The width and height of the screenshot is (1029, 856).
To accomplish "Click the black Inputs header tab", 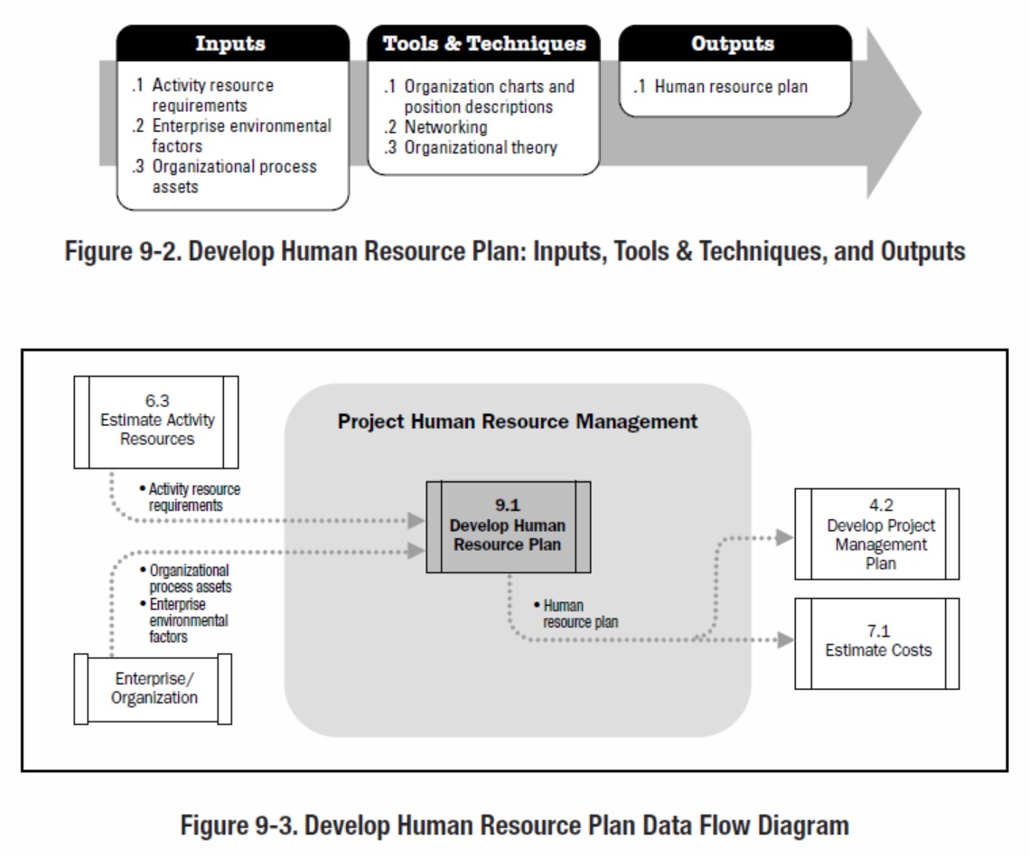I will tap(231, 43).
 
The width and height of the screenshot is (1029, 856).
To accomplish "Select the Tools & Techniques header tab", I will tap(483, 43).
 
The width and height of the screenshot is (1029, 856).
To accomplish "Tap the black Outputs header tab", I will tap(733, 43).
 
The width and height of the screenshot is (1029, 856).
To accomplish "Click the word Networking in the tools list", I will tap(445, 127).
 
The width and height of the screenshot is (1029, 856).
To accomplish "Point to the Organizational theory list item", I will tap(480, 147).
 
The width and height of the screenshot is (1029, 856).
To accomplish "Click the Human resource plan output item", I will tap(731, 87).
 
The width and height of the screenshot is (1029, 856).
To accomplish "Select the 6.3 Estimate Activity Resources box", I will tap(156, 421).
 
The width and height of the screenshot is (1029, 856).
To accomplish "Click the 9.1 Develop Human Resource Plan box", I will tap(509, 526).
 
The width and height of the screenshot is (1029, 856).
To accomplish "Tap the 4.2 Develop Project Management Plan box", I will tap(876, 535).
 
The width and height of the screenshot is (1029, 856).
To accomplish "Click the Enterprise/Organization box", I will tap(154, 688).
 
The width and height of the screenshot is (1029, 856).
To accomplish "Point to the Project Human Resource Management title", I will tap(518, 422).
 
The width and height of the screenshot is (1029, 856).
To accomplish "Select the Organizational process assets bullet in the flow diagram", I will tap(189, 579).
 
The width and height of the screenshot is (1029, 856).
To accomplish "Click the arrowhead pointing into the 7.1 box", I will tap(785, 640).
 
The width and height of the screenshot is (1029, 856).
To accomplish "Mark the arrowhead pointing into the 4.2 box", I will tap(784, 537).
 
